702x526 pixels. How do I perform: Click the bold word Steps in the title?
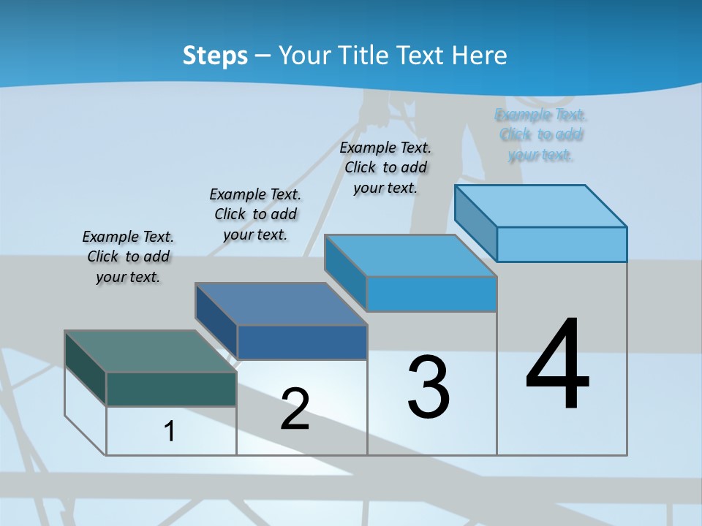pos(215,56)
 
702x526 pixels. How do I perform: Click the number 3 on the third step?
pos(429,387)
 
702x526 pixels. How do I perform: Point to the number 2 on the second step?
pos(295,408)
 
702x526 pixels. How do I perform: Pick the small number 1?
pos(170,431)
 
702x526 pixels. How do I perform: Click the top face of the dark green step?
pos(150,351)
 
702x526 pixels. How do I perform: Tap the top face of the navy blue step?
pos(281,304)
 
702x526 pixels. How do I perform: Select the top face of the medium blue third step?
pos(411,256)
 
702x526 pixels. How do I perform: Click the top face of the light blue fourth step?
pos(541,206)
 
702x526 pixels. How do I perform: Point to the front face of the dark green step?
pos(171,389)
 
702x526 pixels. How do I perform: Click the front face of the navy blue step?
pos(302,342)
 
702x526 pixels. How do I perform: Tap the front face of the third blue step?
pos(431,294)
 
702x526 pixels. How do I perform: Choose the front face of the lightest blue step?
pos(562,244)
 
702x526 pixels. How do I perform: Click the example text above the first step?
pos(128,257)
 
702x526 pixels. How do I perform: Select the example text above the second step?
pos(255,214)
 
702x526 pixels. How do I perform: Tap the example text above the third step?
pos(385,167)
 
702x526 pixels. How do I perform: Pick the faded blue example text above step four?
pos(541,134)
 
